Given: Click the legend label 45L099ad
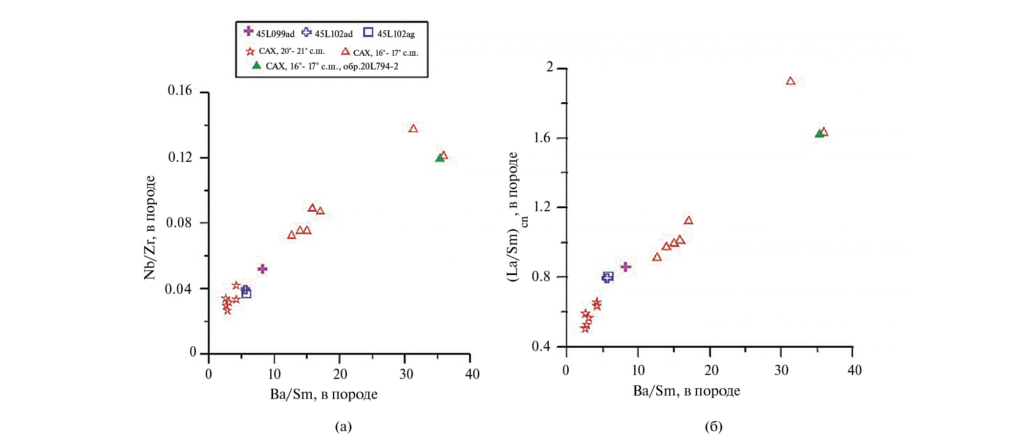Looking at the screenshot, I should pyautogui.click(x=275, y=34).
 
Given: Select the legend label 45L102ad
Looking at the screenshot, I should pyautogui.click(x=333, y=34).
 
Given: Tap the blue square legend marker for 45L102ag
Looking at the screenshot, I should pyautogui.click(x=368, y=32).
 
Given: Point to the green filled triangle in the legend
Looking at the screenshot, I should pyautogui.click(x=256, y=65).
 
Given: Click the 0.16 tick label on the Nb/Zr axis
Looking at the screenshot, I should pyautogui.click(x=180, y=90).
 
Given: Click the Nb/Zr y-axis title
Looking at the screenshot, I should pyautogui.click(x=150, y=227).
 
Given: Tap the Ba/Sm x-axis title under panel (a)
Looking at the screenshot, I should pyautogui.click(x=323, y=394).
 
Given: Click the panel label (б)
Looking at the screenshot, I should pyautogui.click(x=713, y=426).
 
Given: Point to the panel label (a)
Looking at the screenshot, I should pyautogui.click(x=343, y=426).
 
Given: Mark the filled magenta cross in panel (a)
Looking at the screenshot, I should pyautogui.click(x=262, y=269).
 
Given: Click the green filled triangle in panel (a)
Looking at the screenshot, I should pyautogui.click(x=439, y=157).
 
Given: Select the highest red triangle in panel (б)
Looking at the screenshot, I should pyautogui.click(x=791, y=81).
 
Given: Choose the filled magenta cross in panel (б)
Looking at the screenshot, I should pyautogui.click(x=625, y=267).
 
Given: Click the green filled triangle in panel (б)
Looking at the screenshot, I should pyautogui.click(x=819, y=133).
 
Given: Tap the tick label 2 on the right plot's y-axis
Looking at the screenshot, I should pyautogui.click(x=550, y=67).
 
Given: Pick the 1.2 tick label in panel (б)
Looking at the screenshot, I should pyautogui.click(x=542, y=206).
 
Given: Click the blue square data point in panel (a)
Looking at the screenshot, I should pyautogui.click(x=246, y=293).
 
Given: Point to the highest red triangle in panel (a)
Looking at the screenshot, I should pyautogui.click(x=413, y=129).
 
